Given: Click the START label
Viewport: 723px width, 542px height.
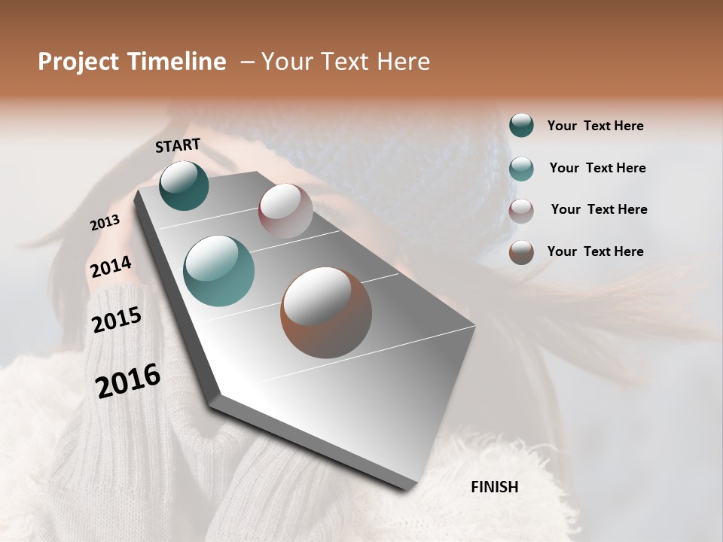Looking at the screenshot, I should pyautogui.click(x=178, y=145).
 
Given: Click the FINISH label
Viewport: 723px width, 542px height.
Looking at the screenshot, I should pyautogui.click(x=494, y=487).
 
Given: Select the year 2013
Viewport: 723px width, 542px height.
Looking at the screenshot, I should pyautogui.click(x=105, y=223).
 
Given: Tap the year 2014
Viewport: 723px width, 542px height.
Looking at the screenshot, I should pyautogui.click(x=111, y=267).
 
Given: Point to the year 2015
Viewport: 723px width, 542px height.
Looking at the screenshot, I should pyautogui.click(x=117, y=320).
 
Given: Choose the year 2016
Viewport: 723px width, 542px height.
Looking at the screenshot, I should pyautogui.click(x=128, y=380).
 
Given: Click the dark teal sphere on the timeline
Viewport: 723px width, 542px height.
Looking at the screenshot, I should pyautogui.click(x=184, y=186).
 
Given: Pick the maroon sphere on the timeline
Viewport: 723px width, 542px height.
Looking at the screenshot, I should pyautogui.click(x=285, y=210).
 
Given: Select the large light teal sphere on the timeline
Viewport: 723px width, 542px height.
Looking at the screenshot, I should pyautogui.click(x=218, y=271).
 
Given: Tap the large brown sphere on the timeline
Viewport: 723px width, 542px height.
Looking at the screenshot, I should pyautogui.click(x=326, y=312).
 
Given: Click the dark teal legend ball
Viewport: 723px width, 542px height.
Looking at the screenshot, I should pyautogui.click(x=521, y=126).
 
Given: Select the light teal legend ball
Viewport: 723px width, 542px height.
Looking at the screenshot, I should pyautogui.click(x=521, y=168).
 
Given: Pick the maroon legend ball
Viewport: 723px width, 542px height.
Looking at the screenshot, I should pyautogui.click(x=521, y=210).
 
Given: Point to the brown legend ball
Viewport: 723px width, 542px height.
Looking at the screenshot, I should pyautogui.click(x=521, y=252).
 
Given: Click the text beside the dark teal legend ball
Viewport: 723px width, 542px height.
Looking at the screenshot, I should pyautogui.click(x=595, y=126).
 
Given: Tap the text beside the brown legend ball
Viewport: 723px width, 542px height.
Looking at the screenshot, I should pyautogui.click(x=595, y=251).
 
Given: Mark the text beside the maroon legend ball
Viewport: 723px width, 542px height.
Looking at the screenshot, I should pyautogui.click(x=599, y=209).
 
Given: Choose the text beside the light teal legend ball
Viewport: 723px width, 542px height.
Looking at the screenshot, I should pyautogui.click(x=597, y=168).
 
